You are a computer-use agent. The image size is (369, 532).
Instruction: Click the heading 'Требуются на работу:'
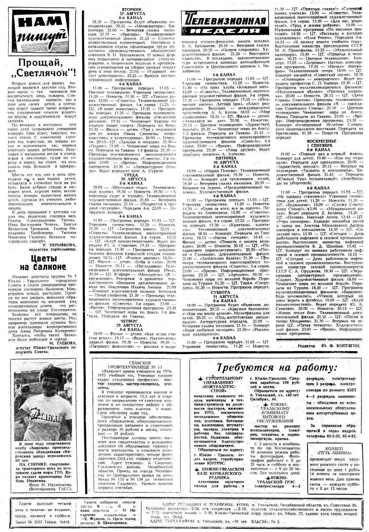(276, 368)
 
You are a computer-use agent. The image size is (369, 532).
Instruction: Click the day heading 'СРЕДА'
(133, 179)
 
